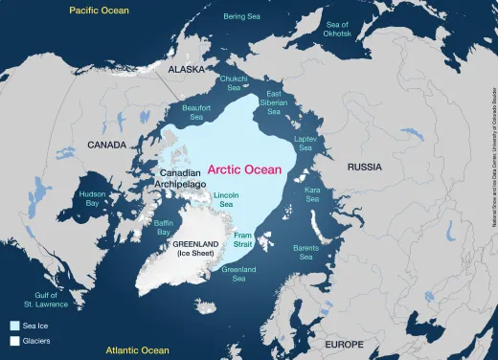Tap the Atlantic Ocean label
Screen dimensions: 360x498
pyautogui.click(x=138, y=349)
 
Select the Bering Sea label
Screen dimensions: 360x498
pyautogui.click(x=241, y=16)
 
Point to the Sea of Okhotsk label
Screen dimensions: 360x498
pyautogui.click(x=339, y=29)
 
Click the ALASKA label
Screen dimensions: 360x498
pyautogui.click(x=187, y=71)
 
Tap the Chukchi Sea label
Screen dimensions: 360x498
pyautogui.click(x=235, y=82)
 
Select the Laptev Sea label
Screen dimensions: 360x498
pyautogui.click(x=306, y=143)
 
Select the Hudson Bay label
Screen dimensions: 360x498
pyautogui.click(x=93, y=198)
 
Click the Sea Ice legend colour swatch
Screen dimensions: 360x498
pyautogui.click(x=14, y=326)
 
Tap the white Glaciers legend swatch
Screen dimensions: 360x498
pyautogui.click(x=14, y=340)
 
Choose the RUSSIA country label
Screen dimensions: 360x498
pyautogui.click(x=365, y=166)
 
